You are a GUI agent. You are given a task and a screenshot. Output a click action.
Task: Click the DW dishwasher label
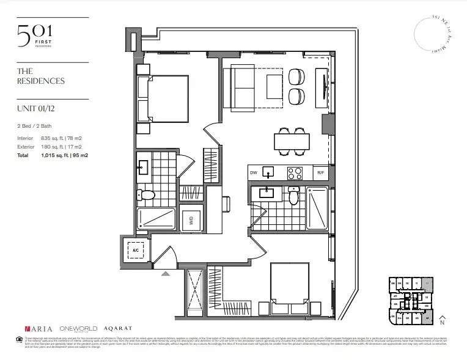coord(254,172)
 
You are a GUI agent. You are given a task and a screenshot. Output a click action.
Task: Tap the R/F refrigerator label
coord(320,173)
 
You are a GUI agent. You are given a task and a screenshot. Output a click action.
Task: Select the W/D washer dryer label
coord(191,221)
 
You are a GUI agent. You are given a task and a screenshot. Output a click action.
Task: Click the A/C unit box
coord(134,249)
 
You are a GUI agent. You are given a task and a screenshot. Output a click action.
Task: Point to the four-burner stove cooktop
coord(294,172)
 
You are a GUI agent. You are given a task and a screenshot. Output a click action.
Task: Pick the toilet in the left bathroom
coord(146,195)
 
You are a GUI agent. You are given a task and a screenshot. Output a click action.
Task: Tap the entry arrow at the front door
coord(165,274)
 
